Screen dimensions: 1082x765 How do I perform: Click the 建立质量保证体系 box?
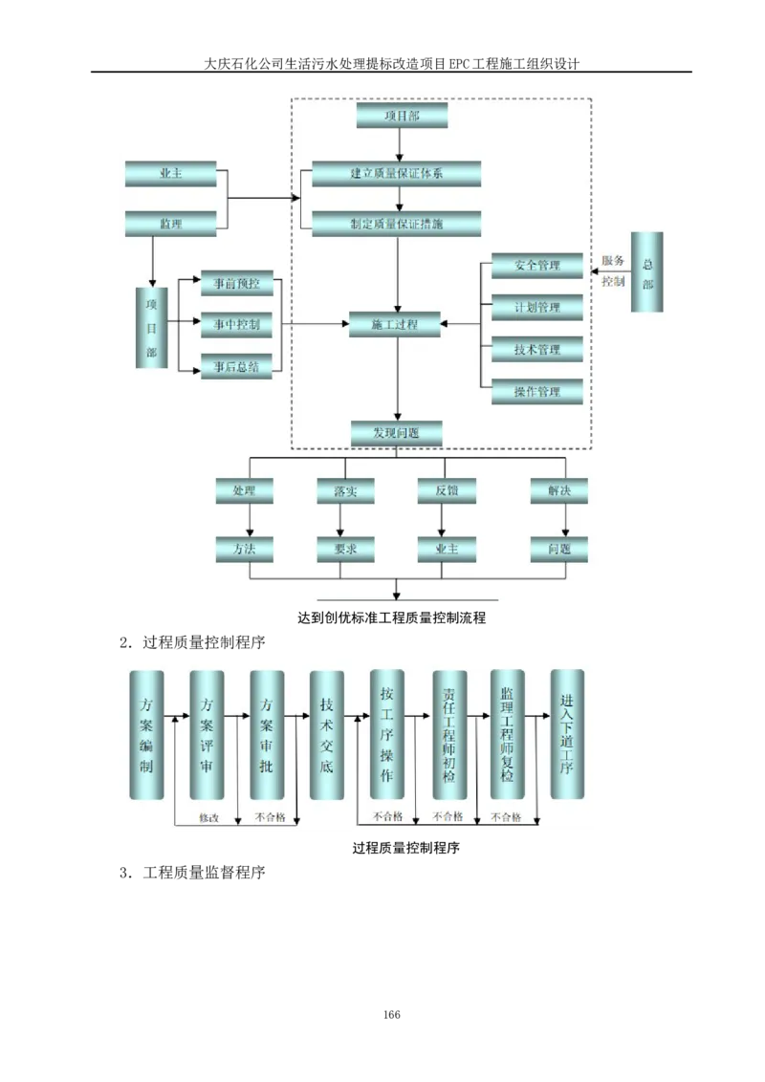397,174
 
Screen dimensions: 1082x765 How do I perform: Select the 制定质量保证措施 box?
397,225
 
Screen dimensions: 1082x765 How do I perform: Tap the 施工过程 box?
395,325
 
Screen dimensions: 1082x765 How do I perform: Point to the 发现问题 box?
397,434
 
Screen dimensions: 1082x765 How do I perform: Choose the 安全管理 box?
536,266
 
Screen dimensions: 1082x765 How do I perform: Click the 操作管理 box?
536,392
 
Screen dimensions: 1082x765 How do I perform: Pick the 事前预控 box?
236,283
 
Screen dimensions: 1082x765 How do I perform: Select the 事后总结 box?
236,367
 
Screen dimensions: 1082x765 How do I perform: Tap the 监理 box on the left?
171,225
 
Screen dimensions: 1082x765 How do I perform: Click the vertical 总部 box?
647,271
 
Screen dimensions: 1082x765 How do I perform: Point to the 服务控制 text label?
613,271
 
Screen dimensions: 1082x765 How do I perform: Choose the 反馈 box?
447,491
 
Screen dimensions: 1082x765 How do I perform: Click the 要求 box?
345,550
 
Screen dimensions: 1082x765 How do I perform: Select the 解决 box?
559,491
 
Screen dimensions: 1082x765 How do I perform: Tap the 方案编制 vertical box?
146,735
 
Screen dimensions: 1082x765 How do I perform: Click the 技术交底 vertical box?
327,735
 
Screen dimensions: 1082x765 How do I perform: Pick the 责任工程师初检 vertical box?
449,735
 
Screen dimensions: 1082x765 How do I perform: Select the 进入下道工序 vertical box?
568,735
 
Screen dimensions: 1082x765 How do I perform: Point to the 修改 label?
208,818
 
